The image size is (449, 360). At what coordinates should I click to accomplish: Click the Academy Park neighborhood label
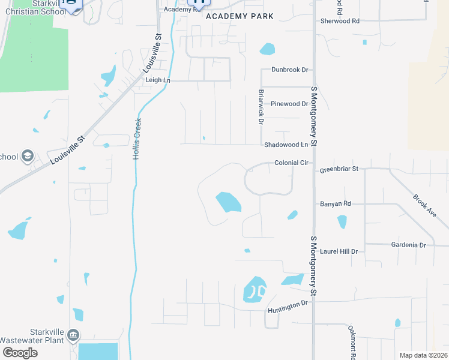click(240, 16)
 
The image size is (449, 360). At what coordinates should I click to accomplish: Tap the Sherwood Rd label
click(340, 20)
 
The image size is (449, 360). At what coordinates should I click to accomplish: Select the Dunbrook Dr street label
click(289, 70)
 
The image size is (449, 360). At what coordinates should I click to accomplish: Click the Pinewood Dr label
click(289, 104)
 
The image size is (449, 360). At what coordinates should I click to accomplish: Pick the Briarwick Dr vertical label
click(261, 107)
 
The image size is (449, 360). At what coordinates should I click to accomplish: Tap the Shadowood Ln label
click(286, 145)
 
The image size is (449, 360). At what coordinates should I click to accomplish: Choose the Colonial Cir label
click(291, 163)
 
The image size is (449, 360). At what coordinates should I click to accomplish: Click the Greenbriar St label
click(339, 169)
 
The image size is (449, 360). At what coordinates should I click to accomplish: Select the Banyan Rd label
click(335, 204)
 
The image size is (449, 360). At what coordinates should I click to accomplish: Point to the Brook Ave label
click(424, 205)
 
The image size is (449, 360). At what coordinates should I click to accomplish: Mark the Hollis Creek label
click(137, 138)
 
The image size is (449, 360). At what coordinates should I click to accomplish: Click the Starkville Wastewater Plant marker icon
click(73, 334)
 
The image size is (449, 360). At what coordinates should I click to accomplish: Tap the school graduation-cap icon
click(27, 157)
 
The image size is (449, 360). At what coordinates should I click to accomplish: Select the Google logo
click(20, 353)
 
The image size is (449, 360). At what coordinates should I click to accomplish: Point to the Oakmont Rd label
click(352, 342)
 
